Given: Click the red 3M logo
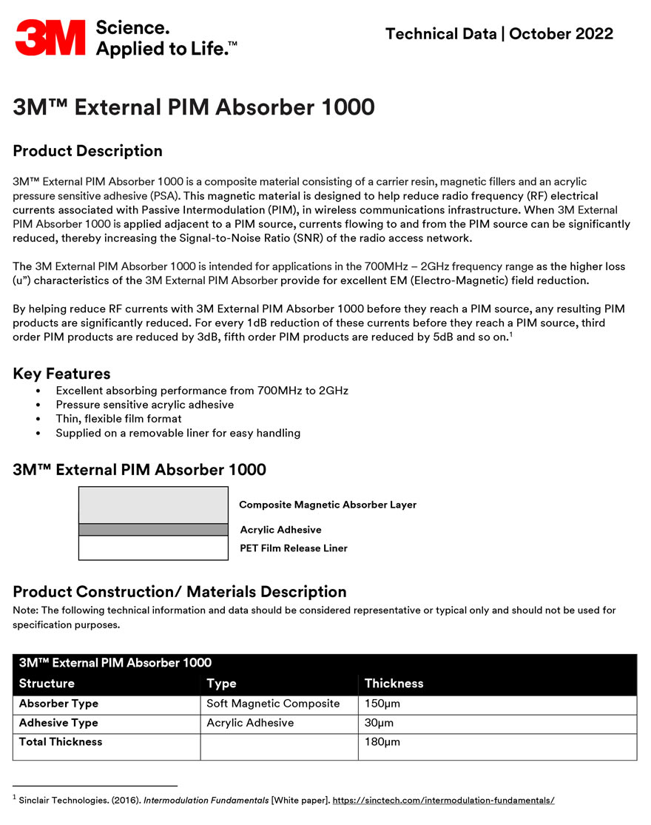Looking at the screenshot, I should pos(50,37).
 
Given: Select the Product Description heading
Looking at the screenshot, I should pos(87,151).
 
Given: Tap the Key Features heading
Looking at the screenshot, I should pos(61,374).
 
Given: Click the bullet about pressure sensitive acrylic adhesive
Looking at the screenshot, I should pos(144,405).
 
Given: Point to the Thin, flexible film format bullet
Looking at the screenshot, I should pos(118,419).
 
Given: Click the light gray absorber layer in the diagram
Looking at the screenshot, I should pos(153,505).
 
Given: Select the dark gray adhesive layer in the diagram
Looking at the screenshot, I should pos(153,529).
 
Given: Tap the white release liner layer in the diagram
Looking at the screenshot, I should pos(153,548).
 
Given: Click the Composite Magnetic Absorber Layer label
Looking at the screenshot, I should pos(328,505).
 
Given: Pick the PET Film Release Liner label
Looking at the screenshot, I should pos(294,548).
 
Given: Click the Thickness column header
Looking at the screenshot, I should pos(394,684).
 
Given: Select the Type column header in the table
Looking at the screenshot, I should pos(221,684).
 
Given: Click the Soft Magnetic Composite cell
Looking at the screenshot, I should pos(273,704).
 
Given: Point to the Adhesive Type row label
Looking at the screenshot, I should pos(58,723).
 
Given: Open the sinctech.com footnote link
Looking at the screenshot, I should pos(443,800).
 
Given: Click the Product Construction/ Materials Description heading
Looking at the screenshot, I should pos(180,591).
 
